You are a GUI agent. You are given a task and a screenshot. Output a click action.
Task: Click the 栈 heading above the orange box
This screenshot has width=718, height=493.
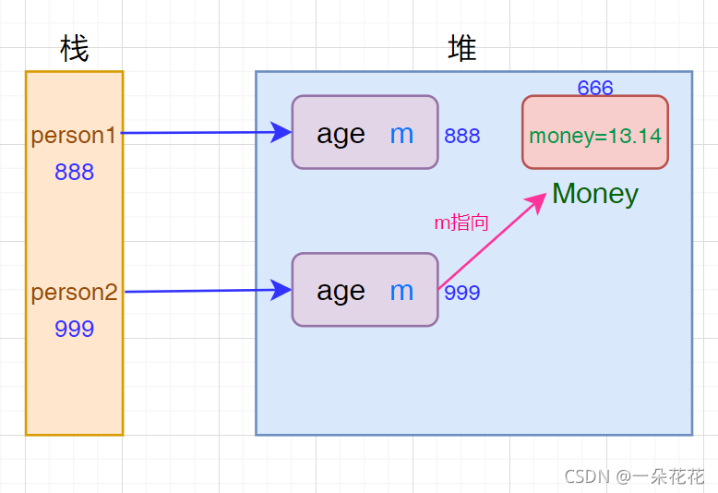click(x=74, y=48)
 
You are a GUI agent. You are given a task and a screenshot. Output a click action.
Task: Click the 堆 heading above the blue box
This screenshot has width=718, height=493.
click(x=462, y=48)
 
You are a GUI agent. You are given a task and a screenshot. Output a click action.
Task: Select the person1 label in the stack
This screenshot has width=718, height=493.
click(x=74, y=136)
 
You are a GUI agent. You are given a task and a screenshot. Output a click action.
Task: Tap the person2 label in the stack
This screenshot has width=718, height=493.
click(x=74, y=293)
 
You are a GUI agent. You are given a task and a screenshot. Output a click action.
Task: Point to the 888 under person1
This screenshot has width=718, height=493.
click(x=74, y=173)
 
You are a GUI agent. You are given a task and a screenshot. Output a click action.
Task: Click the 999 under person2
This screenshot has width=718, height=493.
click(x=74, y=330)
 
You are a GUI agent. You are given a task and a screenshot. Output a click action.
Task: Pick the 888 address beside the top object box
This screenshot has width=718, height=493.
click(x=462, y=137)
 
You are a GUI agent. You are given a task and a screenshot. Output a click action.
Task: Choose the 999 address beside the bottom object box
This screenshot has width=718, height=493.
click(x=462, y=294)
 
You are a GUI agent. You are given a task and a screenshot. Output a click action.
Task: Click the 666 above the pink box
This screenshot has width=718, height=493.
click(x=595, y=89)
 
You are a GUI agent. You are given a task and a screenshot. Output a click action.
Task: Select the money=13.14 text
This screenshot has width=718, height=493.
click(x=595, y=137)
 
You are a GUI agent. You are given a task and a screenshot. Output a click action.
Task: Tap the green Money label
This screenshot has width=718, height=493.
click(x=595, y=194)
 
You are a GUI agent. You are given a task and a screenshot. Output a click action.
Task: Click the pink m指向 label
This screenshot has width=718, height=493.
click(x=461, y=222)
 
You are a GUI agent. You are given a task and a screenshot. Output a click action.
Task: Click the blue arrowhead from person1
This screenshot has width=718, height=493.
click(x=283, y=132)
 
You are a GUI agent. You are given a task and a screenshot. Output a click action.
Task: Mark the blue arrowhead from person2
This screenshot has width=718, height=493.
click(x=283, y=291)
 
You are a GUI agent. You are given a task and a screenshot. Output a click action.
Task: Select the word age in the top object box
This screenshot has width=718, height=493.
click(x=341, y=134)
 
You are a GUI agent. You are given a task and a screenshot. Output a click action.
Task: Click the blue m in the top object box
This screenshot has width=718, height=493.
click(x=401, y=134)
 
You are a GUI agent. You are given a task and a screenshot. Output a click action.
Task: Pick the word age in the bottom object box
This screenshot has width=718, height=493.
click(x=341, y=291)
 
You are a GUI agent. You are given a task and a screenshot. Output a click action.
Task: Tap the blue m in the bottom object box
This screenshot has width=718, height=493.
click(x=401, y=291)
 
